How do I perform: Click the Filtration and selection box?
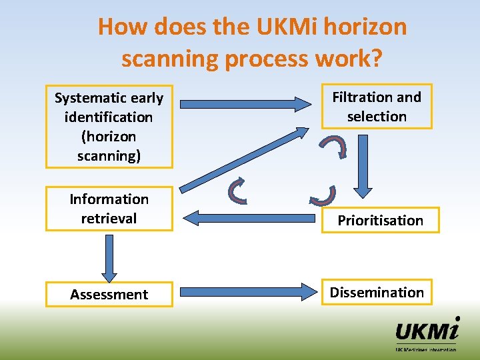coord(377,106)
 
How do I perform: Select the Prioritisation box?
coord(380,220)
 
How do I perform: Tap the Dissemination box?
coord(377,292)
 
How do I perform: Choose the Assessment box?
coord(109,294)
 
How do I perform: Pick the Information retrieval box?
coord(109,209)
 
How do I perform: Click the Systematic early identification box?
coord(109,126)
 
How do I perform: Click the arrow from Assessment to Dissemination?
coord(247,292)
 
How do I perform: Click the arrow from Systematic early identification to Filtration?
coord(247,104)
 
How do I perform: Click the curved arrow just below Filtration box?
coord(333,146)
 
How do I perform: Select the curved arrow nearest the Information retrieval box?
coord(239,190)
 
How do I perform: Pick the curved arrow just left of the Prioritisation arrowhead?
coord(323,195)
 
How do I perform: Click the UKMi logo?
coord(427,333)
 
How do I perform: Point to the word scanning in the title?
coord(170,58)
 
